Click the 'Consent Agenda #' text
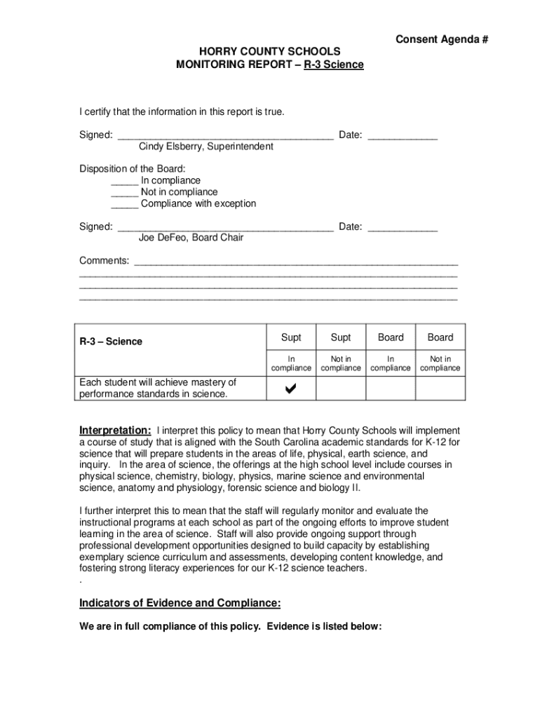click(441, 39)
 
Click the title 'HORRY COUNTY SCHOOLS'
click(270, 52)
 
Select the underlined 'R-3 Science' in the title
click(333, 65)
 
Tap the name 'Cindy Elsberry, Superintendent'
click(205, 147)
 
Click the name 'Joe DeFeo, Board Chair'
click(191, 238)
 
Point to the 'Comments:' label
click(104, 261)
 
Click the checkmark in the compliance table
click(291, 388)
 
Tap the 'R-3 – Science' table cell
click(111, 341)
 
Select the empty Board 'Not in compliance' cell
click(440, 388)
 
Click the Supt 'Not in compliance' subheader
click(341, 363)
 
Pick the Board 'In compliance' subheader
click(391, 363)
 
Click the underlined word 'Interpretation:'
click(115, 430)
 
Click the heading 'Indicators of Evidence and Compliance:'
click(180, 603)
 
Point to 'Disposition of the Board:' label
click(133, 169)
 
